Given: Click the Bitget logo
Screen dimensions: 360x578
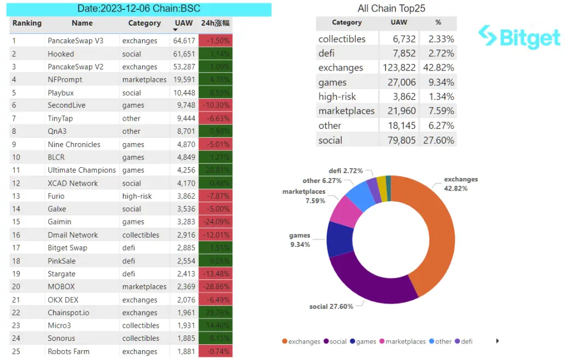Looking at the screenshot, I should (519, 38).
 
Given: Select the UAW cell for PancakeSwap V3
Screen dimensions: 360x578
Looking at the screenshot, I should (184, 41).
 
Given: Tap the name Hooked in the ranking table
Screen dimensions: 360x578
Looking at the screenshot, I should (61, 54).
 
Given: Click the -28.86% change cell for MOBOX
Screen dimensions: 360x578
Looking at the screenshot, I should (216, 287).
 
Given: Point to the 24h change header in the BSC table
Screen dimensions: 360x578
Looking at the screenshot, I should (216, 23).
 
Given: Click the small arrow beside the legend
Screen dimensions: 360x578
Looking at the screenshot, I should (497, 341).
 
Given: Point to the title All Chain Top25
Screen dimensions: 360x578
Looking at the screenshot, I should (391, 8).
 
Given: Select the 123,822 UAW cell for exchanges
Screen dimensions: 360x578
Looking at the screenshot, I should (399, 68).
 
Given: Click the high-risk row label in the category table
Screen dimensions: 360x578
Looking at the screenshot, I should (337, 97).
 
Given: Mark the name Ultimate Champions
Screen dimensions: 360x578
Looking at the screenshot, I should (82, 170).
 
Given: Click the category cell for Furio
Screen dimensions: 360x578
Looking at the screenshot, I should (137, 196).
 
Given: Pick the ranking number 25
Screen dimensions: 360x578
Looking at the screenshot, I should (16, 351).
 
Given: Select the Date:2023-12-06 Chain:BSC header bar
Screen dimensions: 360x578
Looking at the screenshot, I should (140, 9).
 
